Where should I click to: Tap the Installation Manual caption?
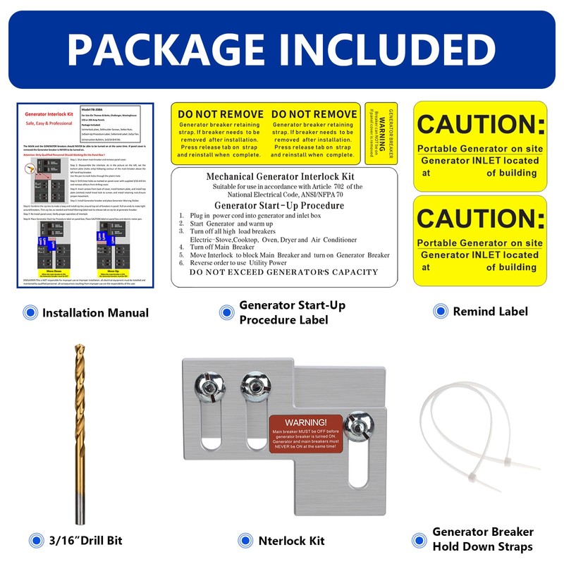tap(95, 312)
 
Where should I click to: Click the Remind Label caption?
tap(490, 311)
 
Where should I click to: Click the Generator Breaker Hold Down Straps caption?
tap(483, 539)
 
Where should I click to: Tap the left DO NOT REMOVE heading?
tap(219, 114)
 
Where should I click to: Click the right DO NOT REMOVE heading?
tap(313, 114)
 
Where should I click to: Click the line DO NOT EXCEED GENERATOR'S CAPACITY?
tap(283, 272)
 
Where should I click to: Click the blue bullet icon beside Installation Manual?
tap(30, 312)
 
